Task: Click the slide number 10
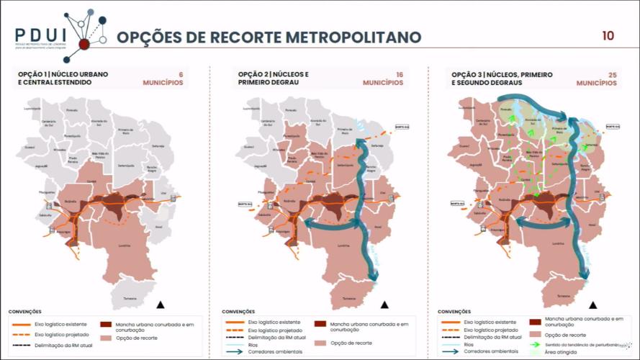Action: tap(608, 35)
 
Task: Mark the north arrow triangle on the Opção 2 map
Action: tap(384, 304)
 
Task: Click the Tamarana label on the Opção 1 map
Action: tap(130, 298)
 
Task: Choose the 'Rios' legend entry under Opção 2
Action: tap(253, 344)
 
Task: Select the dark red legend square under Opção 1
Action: tap(106, 325)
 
